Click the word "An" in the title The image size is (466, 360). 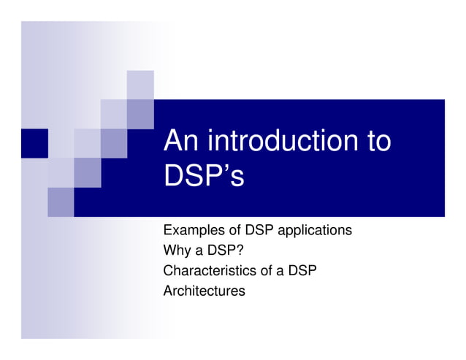181,141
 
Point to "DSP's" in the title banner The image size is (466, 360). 204,176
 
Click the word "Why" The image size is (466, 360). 176,250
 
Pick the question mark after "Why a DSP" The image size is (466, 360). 240,250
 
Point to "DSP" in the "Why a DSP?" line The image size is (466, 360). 221,250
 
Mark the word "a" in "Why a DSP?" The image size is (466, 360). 197,250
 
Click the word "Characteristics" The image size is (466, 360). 209,271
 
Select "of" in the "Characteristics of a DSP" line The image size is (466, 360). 264,271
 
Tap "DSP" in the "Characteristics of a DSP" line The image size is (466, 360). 302,271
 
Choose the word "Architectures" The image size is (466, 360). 204,291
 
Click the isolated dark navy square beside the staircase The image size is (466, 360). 34,143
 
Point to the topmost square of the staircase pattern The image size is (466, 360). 140,85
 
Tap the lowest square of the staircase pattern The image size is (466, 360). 61,202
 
